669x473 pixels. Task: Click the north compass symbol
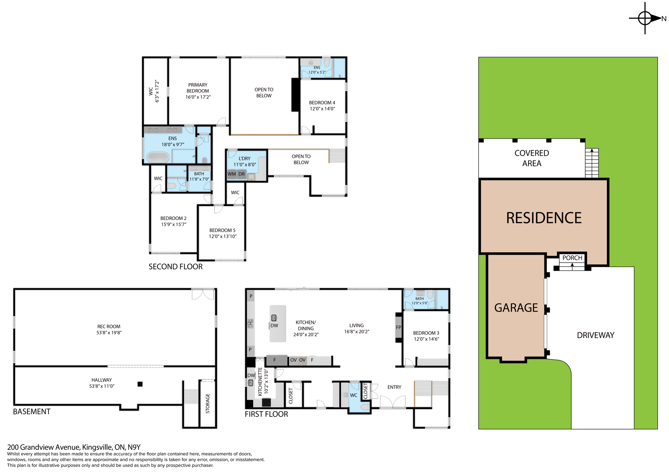645,18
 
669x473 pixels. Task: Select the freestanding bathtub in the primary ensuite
158,157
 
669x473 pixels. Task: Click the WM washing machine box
232,174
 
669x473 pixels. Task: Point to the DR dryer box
241,174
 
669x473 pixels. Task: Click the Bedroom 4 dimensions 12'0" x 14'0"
322,109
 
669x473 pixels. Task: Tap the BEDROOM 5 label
222,230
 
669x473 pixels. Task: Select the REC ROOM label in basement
109,326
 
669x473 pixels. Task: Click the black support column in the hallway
140,384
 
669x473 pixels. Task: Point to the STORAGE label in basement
208,403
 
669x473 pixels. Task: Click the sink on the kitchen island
274,318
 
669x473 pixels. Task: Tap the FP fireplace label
398,327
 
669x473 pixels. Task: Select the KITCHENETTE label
260,382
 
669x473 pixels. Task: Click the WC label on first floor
353,395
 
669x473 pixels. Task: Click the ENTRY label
394,387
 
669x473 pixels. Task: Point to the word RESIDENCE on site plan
544,218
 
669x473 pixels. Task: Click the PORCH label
572,258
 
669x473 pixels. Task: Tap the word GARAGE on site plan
516,308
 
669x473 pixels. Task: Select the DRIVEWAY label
595,335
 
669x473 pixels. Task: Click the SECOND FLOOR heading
175,267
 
